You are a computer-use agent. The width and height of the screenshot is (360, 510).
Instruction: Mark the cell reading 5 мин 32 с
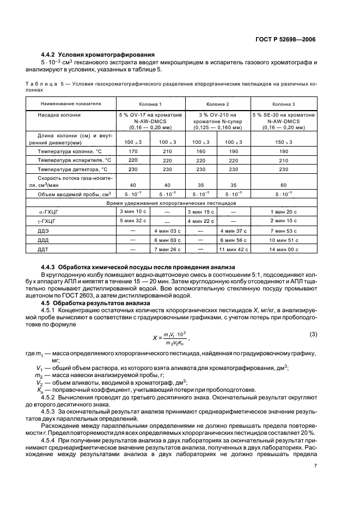pyautogui.click(x=128, y=221)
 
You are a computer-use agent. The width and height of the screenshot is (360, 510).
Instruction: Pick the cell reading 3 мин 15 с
pyautogui.click(x=200, y=211)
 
